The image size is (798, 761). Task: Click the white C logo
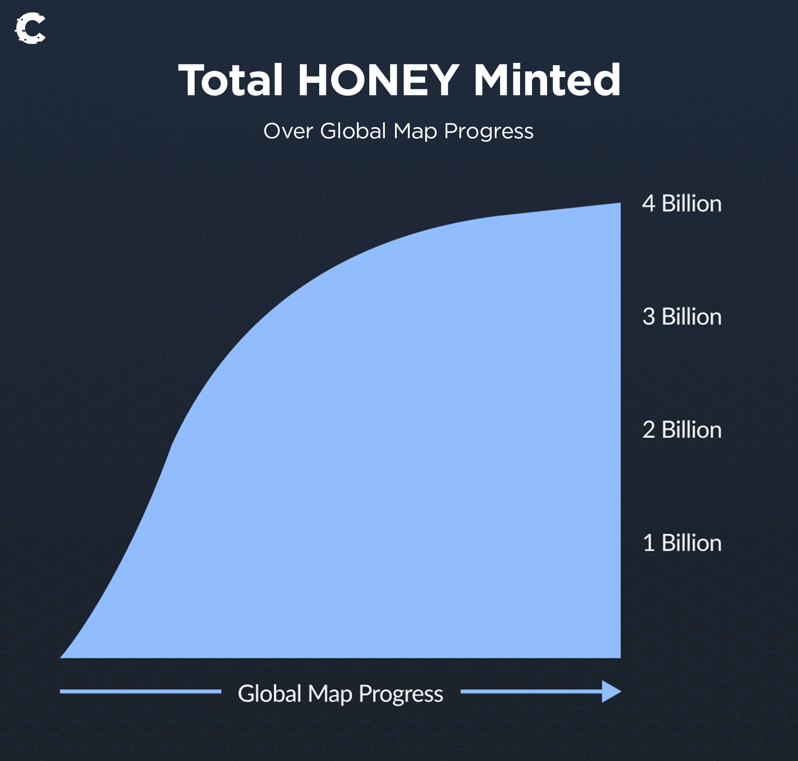[x=30, y=29]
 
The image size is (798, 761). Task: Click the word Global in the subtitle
[x=353, y=131]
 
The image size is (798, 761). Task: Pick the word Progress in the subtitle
[x=489, y=132]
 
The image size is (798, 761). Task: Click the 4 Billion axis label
[x=682, y=204]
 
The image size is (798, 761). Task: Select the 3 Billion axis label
[x=682, y=317]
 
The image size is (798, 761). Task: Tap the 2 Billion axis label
[x=682, y=430]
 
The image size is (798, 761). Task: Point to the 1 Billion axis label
[x=682, y=543]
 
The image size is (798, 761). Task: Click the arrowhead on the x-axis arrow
[x=611, y=691]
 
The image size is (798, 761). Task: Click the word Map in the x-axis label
[x=330, y=695]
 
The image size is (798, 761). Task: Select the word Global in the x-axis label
[x=270, y=694]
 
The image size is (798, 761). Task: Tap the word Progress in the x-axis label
[x=401, y=695]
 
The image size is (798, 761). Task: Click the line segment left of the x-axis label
[x=141, y=691]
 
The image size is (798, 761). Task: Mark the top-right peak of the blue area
[x=620, y=203]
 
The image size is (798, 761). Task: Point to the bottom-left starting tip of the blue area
[x=60, y=658]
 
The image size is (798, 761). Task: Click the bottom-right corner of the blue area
[x=620, y=658]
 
